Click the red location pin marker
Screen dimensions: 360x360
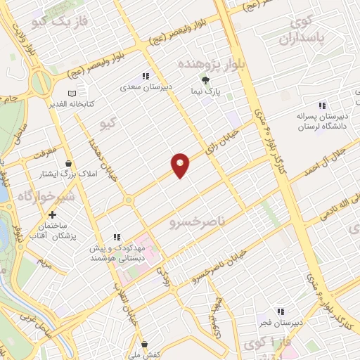tap(180, 165)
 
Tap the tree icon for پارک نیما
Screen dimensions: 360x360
tap(205, 80)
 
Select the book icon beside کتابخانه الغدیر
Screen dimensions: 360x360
tap(70, 94)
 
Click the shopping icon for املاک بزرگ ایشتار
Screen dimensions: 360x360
tap(68, 163)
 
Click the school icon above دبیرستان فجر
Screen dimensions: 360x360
tap(280, 311)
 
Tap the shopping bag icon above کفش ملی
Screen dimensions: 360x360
tap(144, 344)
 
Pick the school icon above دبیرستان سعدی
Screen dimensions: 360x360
tap(146, 76)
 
